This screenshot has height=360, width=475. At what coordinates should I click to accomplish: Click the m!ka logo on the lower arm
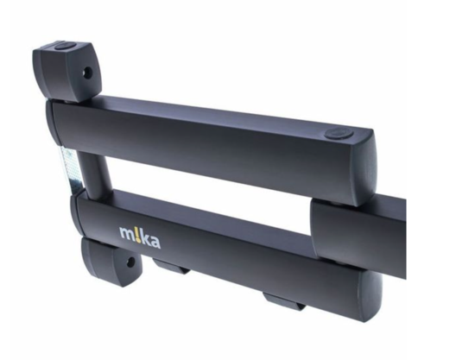(x=140, y=237)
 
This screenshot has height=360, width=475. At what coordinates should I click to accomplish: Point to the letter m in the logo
(x=127, y=233)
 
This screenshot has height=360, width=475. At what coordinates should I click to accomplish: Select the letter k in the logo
(x=146, y=238)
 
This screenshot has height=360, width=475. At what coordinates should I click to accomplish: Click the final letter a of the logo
(x=155, y=243)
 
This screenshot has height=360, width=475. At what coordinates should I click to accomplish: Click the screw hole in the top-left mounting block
(x=88, y=73)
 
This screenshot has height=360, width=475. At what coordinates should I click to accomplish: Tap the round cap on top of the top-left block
(x=64, y=47)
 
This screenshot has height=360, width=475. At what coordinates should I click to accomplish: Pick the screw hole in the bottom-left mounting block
(x=131, y=262)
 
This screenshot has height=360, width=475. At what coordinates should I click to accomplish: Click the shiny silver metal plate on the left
(x=72, y=168)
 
